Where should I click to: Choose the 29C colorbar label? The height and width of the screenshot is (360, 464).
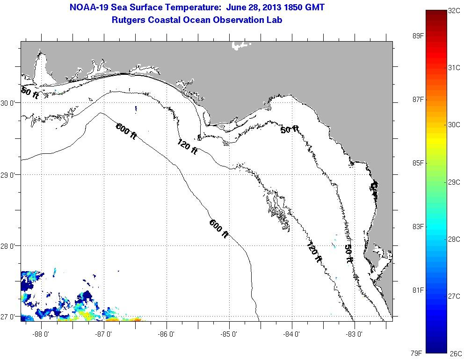(x=454, y=182)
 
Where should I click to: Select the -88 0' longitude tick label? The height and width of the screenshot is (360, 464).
(x=41, y=334)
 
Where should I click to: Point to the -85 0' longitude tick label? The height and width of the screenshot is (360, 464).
(x=229, y=334)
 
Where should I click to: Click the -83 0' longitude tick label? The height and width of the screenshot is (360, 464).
(x=355, y=334)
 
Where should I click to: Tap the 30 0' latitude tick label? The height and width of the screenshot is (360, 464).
(x=9, y=103)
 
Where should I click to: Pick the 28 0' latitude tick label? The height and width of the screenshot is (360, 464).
(x=9, y=246)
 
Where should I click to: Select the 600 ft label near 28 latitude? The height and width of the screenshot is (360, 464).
(x=218, y=229)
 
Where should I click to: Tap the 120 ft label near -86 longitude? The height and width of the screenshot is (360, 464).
(x=187, y=148)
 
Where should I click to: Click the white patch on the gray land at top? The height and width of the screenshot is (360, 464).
(x=241, y=45)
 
